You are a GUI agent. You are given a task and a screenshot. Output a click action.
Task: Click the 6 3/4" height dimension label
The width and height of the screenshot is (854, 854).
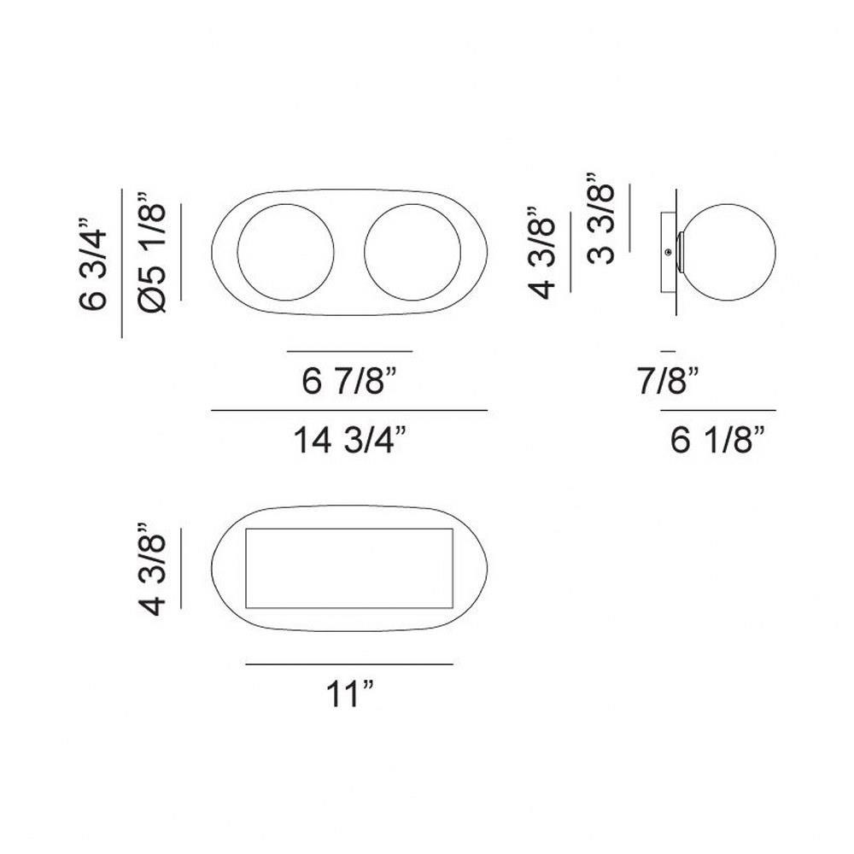pyautogui.click(x=92, y=264)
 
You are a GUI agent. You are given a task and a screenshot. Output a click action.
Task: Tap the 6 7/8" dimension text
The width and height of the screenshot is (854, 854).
pyautogui.click(x=349, y=380)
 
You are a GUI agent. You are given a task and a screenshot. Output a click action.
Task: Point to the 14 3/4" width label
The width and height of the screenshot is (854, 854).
pyautogui.click(x=349, y=439)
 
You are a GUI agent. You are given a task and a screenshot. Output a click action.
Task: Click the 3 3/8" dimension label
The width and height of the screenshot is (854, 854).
pyautogui.click(x=600, y=219)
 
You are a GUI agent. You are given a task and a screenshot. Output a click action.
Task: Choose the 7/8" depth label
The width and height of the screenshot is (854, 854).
pyautogui.click(x=669, y=380)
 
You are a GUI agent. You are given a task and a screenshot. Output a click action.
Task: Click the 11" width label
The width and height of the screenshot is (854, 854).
pyautogui.click(x=349, y=693)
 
